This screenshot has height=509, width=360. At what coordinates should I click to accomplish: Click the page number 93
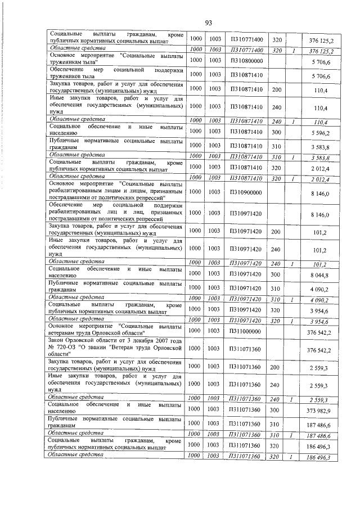(208, 22)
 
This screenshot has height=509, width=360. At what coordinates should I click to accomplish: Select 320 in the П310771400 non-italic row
(276, 40)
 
